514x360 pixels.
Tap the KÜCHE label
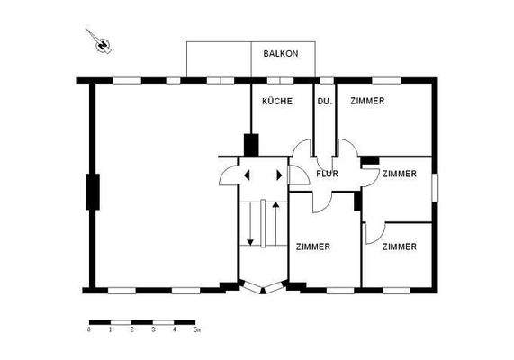point(276,102)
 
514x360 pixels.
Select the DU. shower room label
point(325,102)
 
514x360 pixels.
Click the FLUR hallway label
point(327,173)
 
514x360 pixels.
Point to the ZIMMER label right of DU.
point(367,102)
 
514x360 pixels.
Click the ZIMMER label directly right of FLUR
point(399,173)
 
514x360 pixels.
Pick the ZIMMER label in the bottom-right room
point(399,246)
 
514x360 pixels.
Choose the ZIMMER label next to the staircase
point(311,246)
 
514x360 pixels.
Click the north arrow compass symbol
point(102,41)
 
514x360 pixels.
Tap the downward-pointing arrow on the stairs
point(249,240)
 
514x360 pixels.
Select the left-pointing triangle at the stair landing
point(244,175)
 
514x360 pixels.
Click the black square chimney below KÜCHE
point(251,144)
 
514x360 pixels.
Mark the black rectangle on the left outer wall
point(91,191)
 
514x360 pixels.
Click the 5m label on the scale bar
point(197,330)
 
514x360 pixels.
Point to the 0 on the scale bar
point(89,330)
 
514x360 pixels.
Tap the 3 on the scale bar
point(153,330)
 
